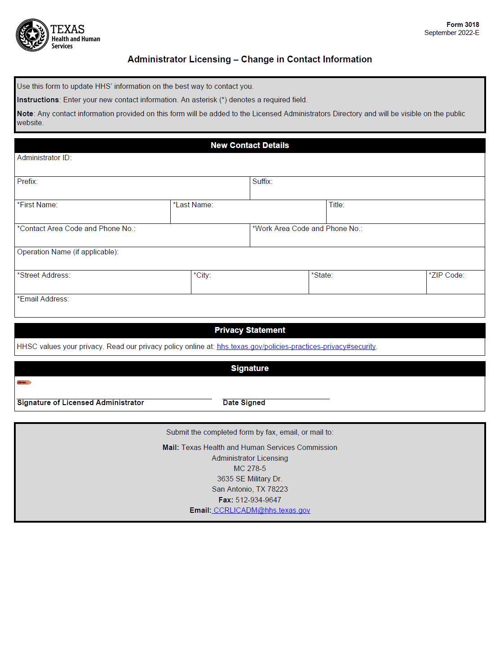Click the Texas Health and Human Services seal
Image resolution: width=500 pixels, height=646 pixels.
[32, 35]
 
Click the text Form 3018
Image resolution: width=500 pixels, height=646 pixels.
[462, 25]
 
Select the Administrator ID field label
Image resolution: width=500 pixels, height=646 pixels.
[44, 158]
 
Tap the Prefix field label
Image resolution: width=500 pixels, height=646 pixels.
[27, 182]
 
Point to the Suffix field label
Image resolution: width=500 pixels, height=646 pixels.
[262, 182]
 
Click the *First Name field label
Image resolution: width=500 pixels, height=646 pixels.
[37, 205]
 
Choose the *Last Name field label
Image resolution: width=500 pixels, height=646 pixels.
[193, 205]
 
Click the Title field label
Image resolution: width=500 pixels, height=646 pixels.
[336, 205]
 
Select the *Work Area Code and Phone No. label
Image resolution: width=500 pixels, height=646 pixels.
[307, 229]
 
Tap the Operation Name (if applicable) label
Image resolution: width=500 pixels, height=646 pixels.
[68, 252]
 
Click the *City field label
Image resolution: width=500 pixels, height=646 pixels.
[202, 275]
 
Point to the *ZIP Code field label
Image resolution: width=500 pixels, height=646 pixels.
[447, 275]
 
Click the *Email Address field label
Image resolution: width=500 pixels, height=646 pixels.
[43, 299]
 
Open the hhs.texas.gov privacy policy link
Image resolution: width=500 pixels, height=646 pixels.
[296, 347]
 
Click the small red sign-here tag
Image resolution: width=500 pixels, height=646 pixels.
[24, 383]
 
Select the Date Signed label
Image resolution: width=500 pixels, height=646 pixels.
[244, 403]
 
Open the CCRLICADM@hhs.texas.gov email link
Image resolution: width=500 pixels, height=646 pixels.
[261, 511]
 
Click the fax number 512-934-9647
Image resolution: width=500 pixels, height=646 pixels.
[258, 500]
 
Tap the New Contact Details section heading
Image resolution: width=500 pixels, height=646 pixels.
[250, 145]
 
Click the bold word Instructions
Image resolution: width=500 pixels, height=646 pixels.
[38, 100]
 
